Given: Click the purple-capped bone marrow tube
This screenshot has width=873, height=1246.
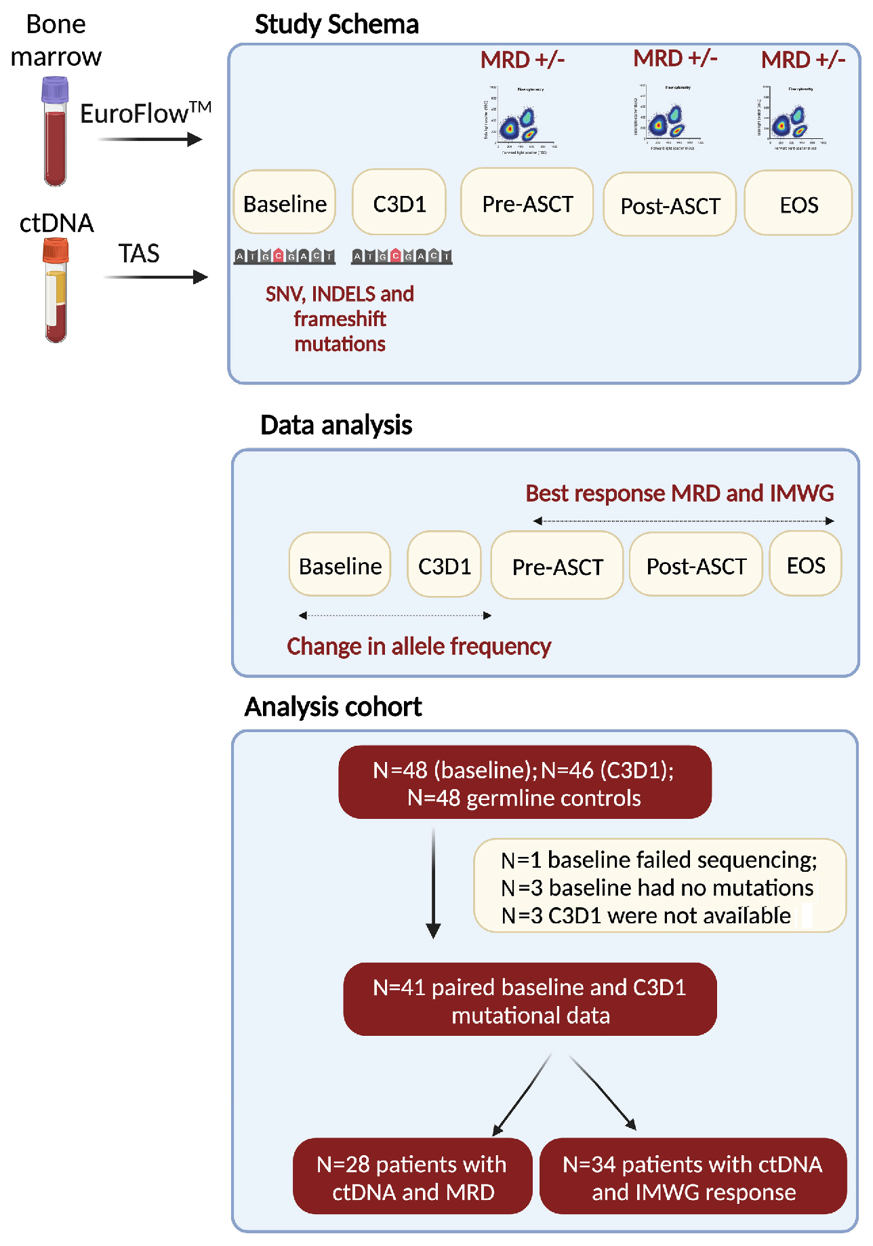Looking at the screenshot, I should (56, 132).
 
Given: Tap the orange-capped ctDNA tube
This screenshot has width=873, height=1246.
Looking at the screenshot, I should (56, 290).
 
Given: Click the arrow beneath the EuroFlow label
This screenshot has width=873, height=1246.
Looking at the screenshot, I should (150, 140).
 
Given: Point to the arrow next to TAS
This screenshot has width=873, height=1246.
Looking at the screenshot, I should (156, 277).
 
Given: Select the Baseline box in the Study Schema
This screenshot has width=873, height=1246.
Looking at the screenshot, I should (285, 203).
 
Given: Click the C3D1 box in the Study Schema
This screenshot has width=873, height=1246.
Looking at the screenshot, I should (399, 203).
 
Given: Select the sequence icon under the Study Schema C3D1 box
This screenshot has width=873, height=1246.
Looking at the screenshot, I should (401, 256).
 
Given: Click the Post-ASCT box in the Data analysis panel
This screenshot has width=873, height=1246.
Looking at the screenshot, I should (696, 565).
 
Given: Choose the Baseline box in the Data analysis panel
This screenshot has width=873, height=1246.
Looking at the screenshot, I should (340, 565).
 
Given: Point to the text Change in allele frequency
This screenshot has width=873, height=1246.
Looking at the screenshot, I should (419, 646).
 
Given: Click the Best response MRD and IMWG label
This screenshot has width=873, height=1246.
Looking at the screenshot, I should (680, 493).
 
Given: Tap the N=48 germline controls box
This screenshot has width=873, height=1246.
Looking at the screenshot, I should (525, 783).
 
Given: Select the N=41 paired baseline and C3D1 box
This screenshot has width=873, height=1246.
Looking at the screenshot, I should (529, 1000).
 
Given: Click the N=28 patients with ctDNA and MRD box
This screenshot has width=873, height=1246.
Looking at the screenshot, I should (412, 1177).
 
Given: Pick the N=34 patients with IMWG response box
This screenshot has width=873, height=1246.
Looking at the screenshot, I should (693, 1177).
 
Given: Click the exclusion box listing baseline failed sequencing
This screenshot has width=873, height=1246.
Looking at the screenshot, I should (659, 887).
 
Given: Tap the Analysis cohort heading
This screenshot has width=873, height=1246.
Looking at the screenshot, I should (333, 707).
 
